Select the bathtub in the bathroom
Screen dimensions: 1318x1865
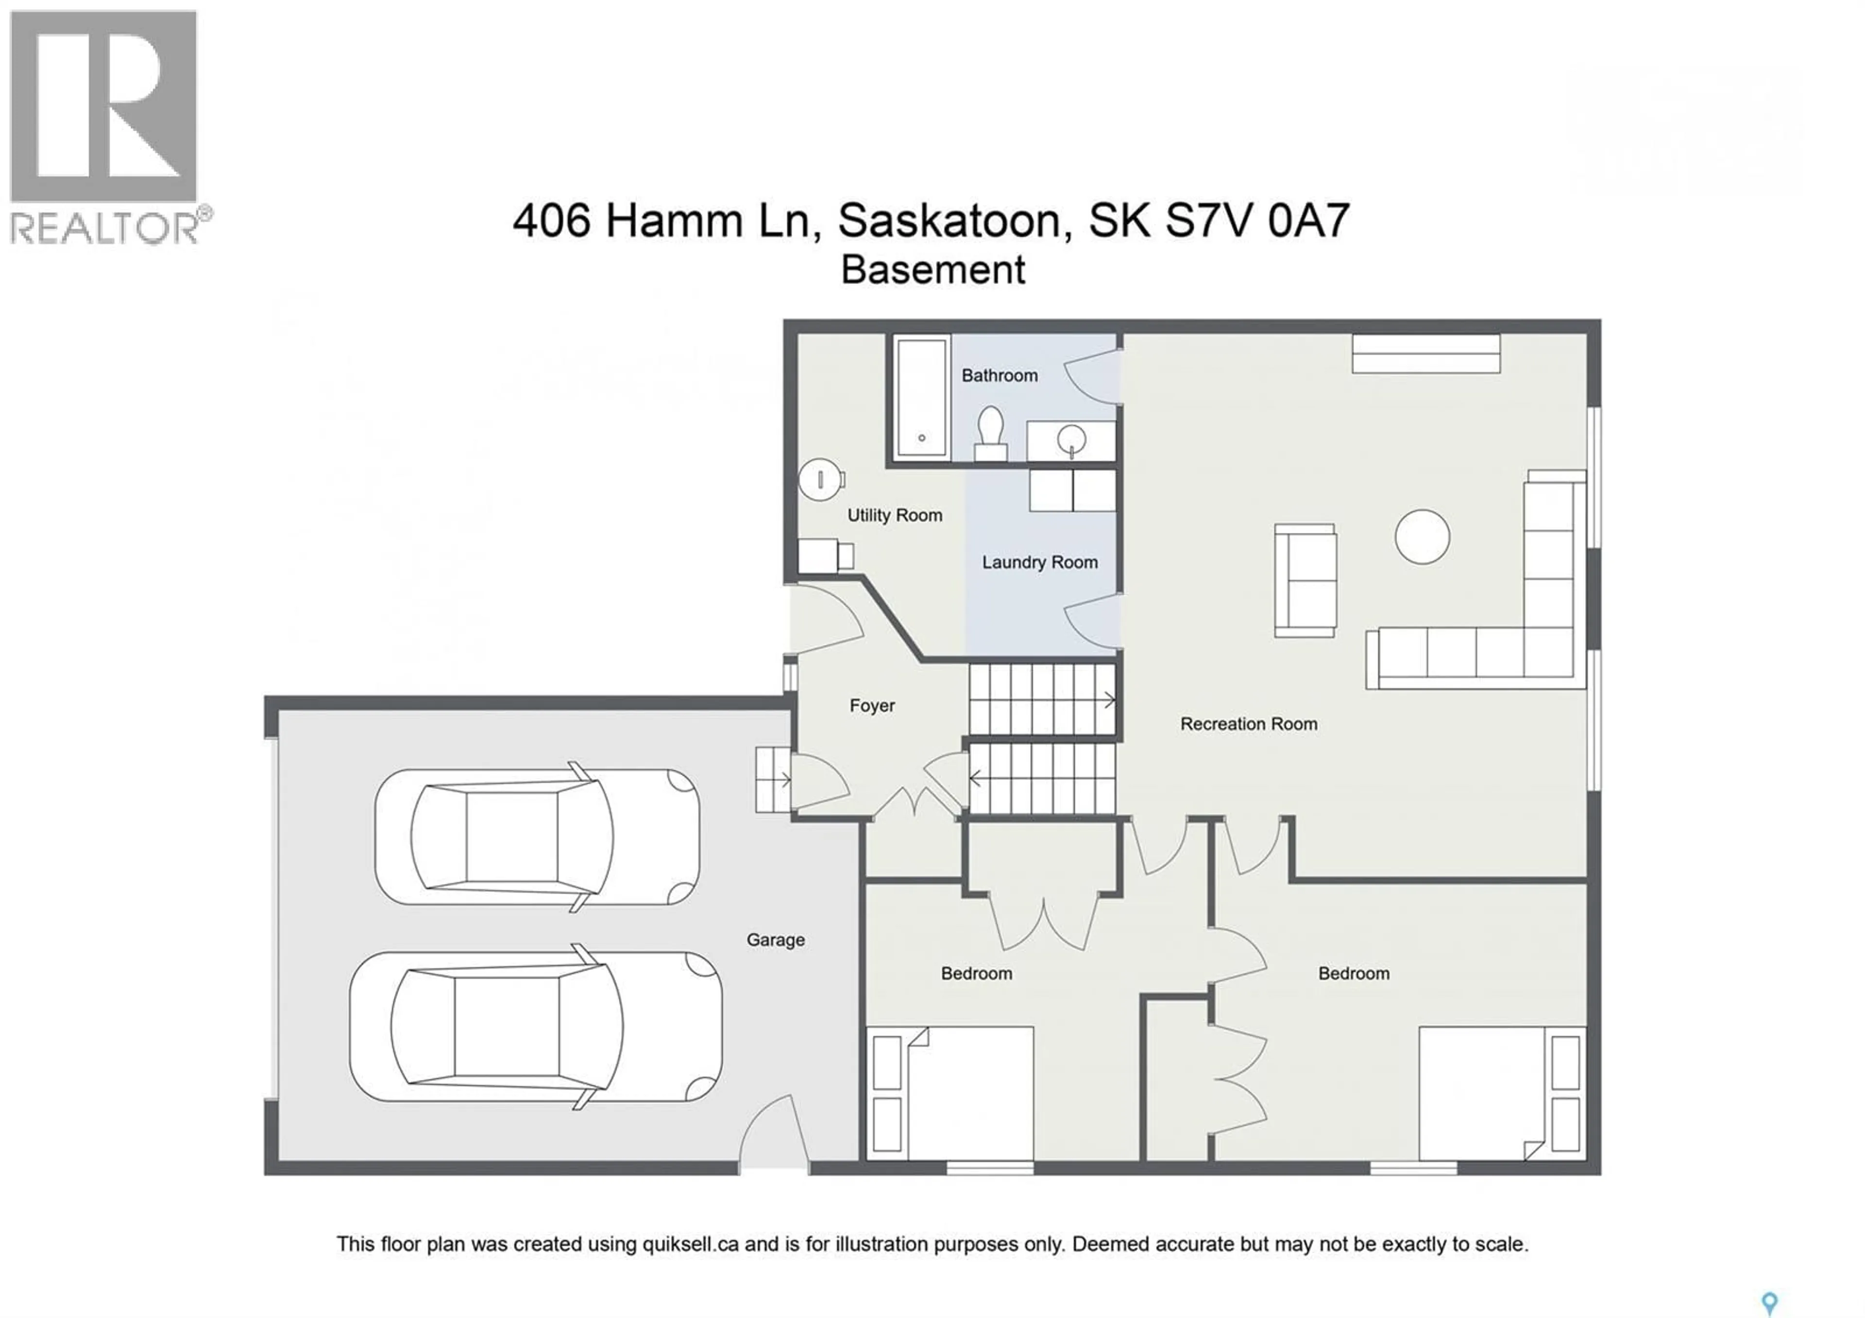pyautogui.click(x=921, y=398)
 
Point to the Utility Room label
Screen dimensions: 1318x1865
pyautogui.click(x=894, y=515)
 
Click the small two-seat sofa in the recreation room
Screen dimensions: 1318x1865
pyautogui.click(x=1305, y=580)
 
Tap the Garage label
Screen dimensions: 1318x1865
pyautogui.click(x=775, y=940)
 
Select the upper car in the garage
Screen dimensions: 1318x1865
pyautogui.click(x=536, y=837)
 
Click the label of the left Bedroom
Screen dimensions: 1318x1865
pyautogui.click(x=976, y=973)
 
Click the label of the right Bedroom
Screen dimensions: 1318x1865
pyautogui.click(x=1353, y=973)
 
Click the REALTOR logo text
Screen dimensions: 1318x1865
pyautogui.click(x=104, y=228)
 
